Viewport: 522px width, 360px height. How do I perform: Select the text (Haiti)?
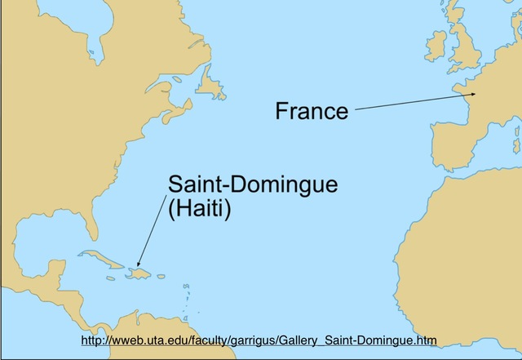[200, 209]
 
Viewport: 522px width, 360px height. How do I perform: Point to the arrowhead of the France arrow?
[472, 96]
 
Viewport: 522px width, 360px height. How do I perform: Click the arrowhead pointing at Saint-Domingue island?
[138, 264]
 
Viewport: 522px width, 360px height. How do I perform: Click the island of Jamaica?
[109, 278]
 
